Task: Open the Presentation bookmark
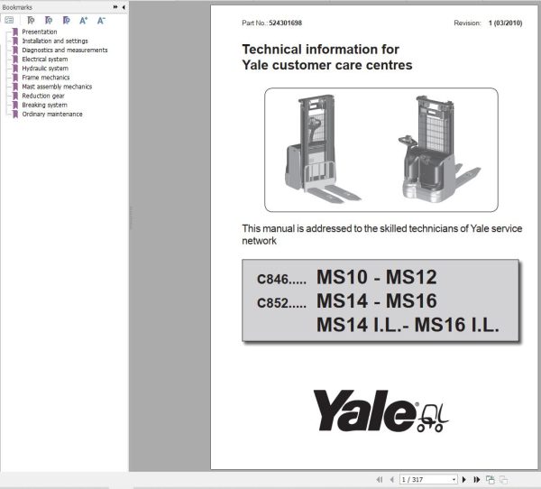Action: click(40, 32)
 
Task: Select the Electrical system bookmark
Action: click(45, 59)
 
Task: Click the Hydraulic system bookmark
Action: click(45, 69)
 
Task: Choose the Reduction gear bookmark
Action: click(43, 96)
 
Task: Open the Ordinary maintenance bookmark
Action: click(52, 114)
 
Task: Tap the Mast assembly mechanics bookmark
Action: click(57, 87)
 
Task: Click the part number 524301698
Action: click(285, 23)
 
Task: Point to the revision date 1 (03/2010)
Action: click(505, 23)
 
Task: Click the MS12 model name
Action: click(411, 277)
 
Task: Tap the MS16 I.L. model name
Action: click(456, 325)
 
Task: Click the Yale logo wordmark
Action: click(365, 411)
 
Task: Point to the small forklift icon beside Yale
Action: click(434, 419)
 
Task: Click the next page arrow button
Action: click(464, 479)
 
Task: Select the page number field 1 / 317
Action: click(428, 479)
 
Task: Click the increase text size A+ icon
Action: click(84, 21)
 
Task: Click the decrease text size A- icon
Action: click(101, 21)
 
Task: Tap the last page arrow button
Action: click(477, 479)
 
